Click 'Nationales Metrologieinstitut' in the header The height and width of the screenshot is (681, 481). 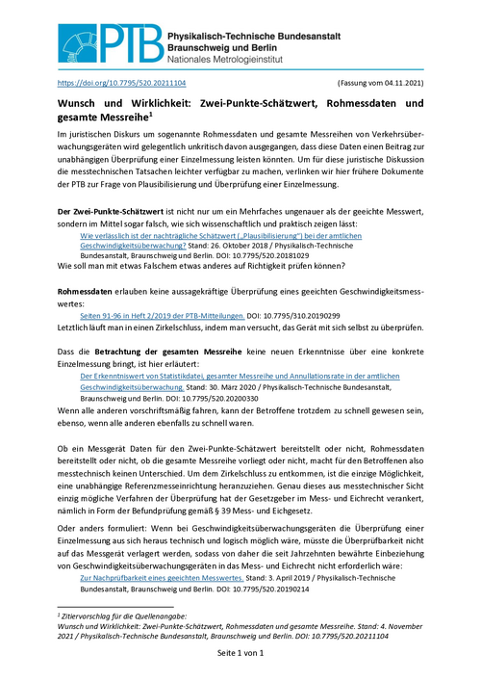264,60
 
